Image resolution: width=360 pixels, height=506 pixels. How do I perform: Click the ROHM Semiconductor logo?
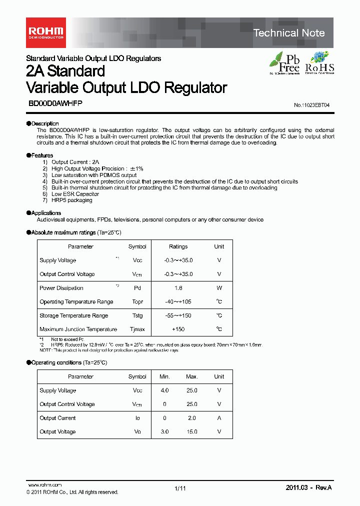pyautogui.click(x=44, y=32)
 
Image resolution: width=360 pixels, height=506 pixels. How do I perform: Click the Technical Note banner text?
pyautogui.click(x=289, y=33)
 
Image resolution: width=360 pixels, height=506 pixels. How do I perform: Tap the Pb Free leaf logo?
pyautogui.click(x=285, y=62)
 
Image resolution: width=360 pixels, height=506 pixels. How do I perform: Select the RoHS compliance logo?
pyautogui.click(x=319, y=62)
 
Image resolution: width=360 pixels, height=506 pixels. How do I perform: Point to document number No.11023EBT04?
pyautogui.click(x=311, y=105)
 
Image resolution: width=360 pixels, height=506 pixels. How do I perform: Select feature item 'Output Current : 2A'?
pyautogui.click(x=75, y=162)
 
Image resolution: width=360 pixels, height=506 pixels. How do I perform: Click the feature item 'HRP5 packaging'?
pyautogui.click(x=71, y=200)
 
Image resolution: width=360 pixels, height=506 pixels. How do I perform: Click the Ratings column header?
pyautogui.click(x=178, y=246)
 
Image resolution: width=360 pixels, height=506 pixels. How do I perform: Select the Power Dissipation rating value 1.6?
pyautogui.click(x=178, y=288)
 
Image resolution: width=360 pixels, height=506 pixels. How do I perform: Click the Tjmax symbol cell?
pyautogui.click(x=137, y=329)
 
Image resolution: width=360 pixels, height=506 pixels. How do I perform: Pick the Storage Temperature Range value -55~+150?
pyautogui.click(x=178, y=315)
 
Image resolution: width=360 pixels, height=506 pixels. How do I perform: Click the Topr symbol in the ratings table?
pyautogui.click(x=137, y=301)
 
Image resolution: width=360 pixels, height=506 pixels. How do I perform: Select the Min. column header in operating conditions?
pyautogui.click(x=164, y=376)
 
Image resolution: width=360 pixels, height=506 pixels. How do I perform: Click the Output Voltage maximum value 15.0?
pyautogui.click(x=192, y=431)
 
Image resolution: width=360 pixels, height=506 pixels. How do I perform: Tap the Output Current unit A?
pyautogui.click(x=219, y=418)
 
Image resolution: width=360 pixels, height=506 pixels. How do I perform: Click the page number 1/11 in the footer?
pyautogui.click(x=180, y=488)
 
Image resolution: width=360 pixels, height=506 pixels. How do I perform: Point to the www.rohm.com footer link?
pyautogui.click(x=44, y=485)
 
